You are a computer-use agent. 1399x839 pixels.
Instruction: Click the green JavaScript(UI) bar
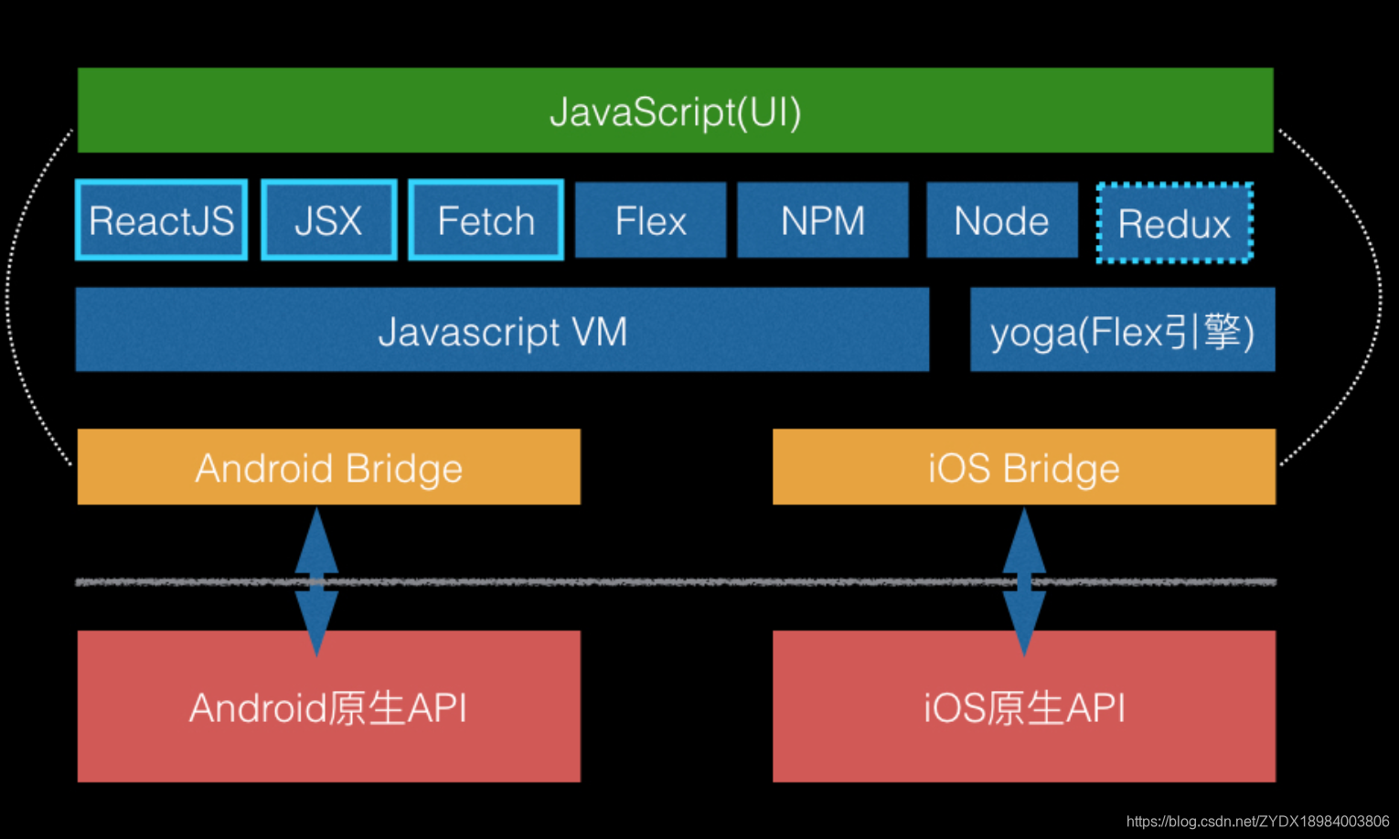click(675, 111)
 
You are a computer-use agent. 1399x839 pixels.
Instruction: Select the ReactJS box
click(161, 220)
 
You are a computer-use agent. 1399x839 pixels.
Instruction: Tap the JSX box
click(328, 220)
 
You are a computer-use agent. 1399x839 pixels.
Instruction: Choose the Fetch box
click(486, 220)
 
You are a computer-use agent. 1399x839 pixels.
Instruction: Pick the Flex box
click(650, 220)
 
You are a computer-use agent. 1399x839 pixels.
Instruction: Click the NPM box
click(822, 220)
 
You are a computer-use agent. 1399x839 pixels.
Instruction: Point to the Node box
click(1001, 220)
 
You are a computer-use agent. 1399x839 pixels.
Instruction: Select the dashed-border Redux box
click(1174, 223)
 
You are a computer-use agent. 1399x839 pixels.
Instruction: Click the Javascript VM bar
click(502, 330)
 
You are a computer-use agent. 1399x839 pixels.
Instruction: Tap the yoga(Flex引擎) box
click(1122, 330)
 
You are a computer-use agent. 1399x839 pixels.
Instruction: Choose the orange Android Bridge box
click(328, 467)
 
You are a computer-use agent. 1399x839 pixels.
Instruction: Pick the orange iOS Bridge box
click(1023, 467)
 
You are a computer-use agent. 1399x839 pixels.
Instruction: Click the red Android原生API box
click(328, 706)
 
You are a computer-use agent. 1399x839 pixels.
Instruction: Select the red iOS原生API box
click(1023, 706)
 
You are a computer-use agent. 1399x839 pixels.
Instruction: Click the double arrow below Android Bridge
click(316, 581)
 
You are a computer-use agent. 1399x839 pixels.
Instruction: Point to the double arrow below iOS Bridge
click(1024, 581)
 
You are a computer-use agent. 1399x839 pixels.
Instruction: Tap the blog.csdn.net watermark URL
click(1257, 822)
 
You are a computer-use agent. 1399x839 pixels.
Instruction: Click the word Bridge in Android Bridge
click(404, 469)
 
